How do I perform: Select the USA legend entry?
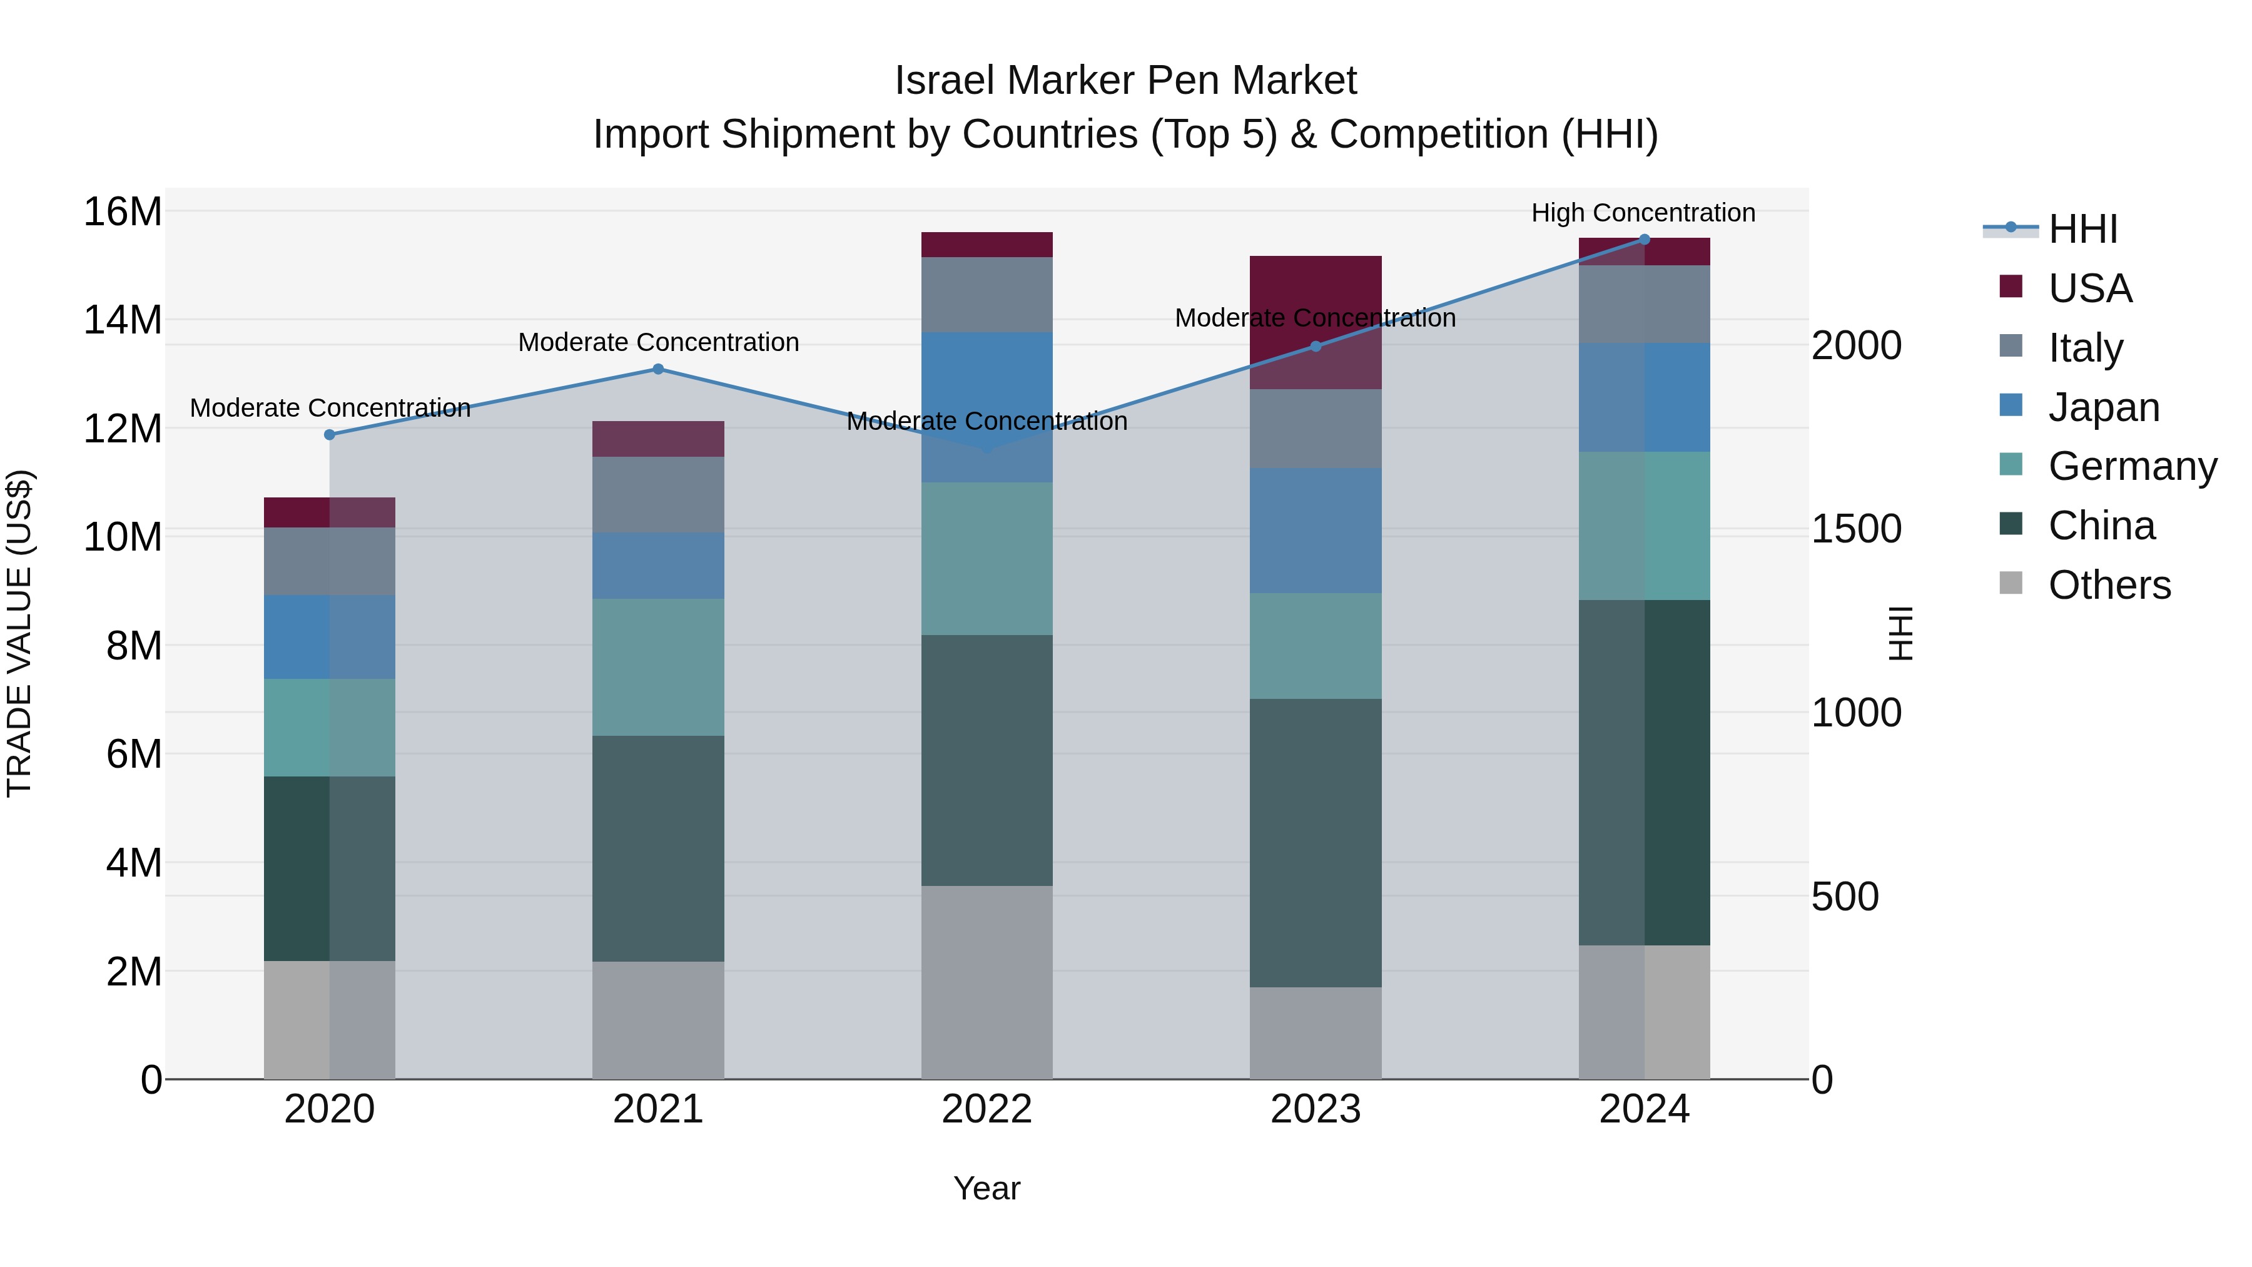2089,288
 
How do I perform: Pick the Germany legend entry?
2131,466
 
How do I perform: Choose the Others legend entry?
2109,585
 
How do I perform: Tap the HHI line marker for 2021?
658,369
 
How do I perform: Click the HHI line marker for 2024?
1645,240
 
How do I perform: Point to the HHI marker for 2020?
330,435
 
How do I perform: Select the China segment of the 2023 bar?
1316,843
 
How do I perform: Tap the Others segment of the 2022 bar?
987,983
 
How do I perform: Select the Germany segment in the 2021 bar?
658,667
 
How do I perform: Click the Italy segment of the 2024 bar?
1645,304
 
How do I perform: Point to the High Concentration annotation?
1643,213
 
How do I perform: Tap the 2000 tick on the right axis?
1856,345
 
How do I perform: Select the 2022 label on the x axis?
987,1109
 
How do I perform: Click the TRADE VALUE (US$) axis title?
19,633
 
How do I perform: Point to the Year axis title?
987,1188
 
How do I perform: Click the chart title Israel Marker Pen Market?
1125,81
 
